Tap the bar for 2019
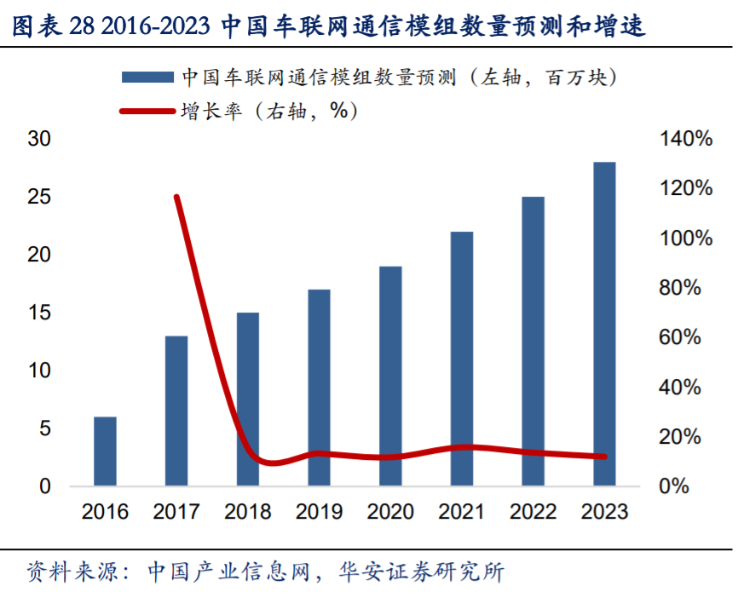(319, 388)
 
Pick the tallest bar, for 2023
(604, 324)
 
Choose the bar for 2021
(462, 359)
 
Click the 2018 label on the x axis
(247, 511)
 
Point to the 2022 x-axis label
(533, 511)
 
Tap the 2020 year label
(390, 511)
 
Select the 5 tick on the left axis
(45, 428)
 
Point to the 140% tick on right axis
(685, 139)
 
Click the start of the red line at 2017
(177, 197)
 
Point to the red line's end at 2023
(604, 457)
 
